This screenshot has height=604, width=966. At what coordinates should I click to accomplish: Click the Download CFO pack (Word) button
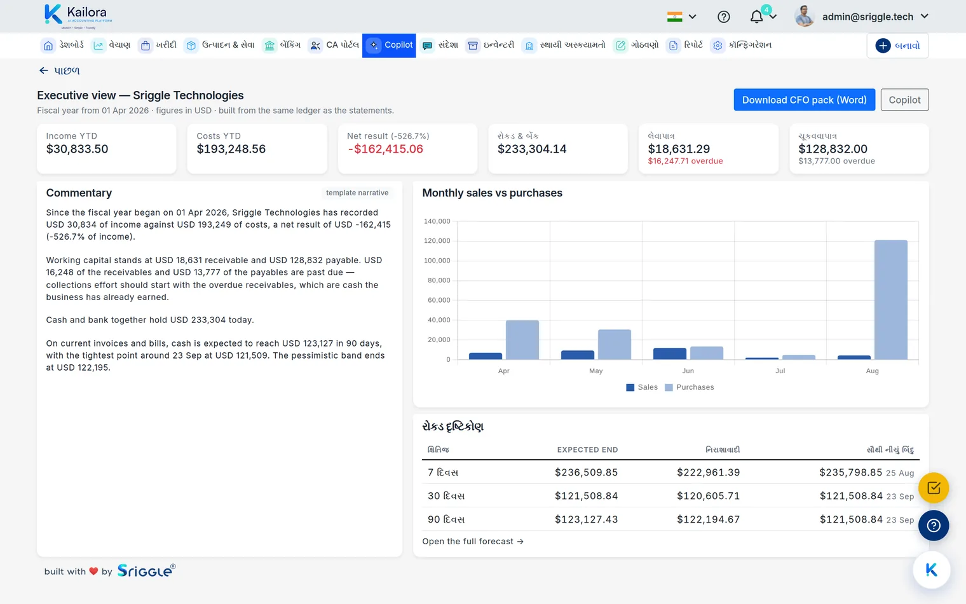(x=805, y=100)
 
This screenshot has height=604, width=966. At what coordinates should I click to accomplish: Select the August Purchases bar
(x=890, y=300)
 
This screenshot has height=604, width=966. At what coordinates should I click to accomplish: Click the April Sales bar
(x=486, y=356)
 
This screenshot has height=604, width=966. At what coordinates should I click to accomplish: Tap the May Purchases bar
(x=615, y=345)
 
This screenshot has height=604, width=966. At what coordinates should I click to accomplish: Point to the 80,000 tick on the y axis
(x=439, y=280)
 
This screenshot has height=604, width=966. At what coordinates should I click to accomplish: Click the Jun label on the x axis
(x=688, y=371)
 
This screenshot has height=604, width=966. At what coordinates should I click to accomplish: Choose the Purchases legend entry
(x=690, y=387)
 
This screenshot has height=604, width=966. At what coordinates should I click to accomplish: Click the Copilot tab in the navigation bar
(x=389, y=45)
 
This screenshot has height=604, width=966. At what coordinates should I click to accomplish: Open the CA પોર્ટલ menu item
(x=334, y=45)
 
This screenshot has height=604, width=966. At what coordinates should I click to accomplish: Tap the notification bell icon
(x=756, y=17)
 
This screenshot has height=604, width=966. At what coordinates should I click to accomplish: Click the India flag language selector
(x=681, y=17)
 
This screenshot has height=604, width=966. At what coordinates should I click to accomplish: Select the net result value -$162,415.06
(x=385, y=149)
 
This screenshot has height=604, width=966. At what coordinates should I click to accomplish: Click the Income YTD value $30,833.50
(x=77, y=149)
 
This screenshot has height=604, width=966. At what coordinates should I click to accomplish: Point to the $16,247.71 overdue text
(x=685, y=161)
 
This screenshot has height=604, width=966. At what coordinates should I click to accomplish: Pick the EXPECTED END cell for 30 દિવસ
(x=587, y=496)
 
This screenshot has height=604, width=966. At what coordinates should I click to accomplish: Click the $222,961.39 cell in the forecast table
(x=709, y=472)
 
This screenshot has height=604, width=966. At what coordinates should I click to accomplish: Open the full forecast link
(x=473, y=542)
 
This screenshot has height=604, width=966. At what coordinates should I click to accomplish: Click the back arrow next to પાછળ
(x=44, y=71)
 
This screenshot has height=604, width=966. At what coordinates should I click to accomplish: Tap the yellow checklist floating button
(x=934, y=488)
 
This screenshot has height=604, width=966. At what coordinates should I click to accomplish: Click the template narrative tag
(x=357, y=193)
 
